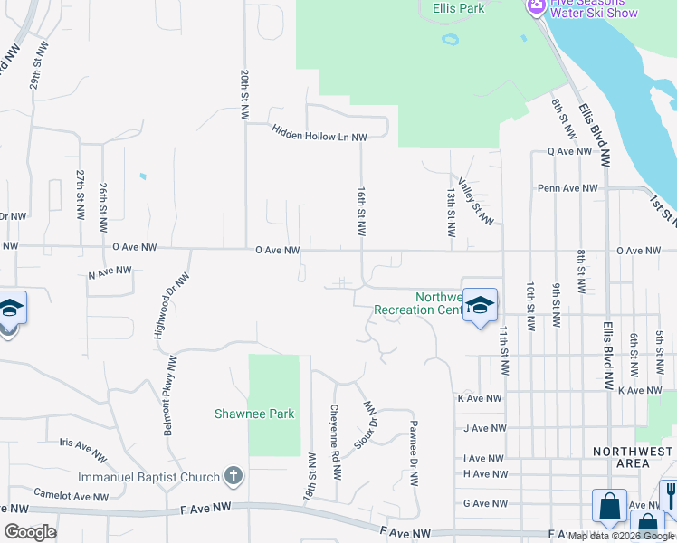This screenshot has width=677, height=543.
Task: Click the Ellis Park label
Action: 458,9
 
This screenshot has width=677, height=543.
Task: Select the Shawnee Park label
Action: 254,414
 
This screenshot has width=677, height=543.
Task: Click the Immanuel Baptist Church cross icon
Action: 233,476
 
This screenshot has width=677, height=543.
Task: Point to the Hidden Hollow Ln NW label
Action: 320,133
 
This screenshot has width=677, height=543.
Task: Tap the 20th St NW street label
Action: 244,95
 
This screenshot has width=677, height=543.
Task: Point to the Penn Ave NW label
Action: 567,188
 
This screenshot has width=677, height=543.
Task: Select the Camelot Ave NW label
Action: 71,493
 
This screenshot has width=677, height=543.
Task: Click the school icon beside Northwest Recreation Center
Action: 480,305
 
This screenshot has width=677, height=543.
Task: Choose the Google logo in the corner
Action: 30,532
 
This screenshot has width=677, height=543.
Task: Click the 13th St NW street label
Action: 450,212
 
